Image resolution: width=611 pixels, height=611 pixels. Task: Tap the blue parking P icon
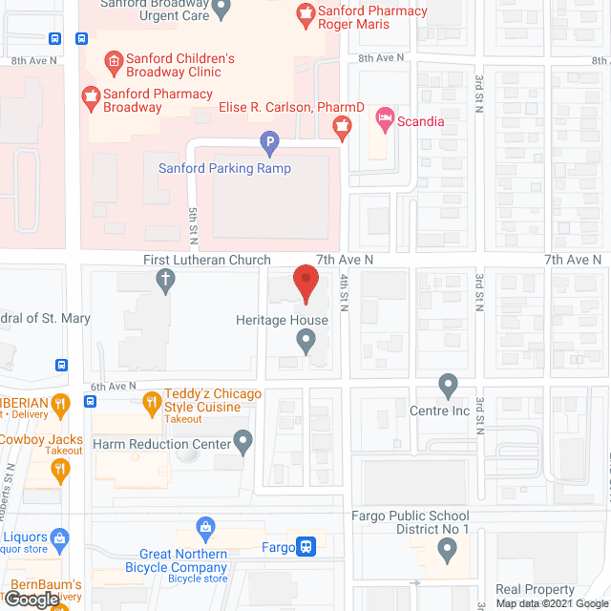click(x=270, y=145)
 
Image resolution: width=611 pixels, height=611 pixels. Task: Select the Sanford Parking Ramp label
click(x=224, y=169)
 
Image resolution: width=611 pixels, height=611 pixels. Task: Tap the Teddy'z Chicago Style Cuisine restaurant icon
click(x=151, y=403)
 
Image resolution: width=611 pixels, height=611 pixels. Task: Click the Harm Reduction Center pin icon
click(x=243, y=443)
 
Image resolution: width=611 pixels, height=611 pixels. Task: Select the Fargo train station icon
click(x=305, y=548)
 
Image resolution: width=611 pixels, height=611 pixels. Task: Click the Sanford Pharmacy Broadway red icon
click(x=93, y=95)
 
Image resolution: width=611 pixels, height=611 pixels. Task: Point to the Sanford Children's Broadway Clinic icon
click(x=112, y=64)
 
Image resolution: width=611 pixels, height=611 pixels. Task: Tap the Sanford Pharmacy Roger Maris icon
click(x=306, y=13)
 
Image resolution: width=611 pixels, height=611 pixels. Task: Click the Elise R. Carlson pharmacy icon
click(x=341, y=124)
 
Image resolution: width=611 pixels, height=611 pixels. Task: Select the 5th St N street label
click(x=193, y=224)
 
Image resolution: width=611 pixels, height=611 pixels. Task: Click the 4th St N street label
click(x=343, y=292)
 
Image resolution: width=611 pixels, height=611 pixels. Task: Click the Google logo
click(x=31, y=600)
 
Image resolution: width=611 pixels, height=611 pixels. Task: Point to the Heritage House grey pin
click(x=305, y=340)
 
